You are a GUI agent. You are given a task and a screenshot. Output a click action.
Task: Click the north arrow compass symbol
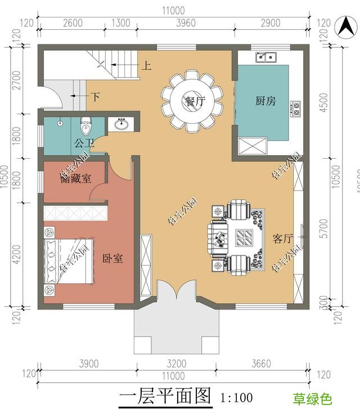[x=344, y=26]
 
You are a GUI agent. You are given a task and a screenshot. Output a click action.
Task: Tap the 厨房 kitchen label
[x=265, y=101]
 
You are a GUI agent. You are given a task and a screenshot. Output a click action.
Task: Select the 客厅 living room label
[x=283, y=239]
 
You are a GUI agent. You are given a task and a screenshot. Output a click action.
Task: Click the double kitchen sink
[x=265, y=57]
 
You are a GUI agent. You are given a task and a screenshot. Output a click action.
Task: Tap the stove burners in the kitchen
[x=296, y=108]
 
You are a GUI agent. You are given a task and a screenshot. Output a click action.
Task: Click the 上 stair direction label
[x=146, y=66]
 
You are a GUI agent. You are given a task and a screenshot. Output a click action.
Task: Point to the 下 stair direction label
[x=96, y=97]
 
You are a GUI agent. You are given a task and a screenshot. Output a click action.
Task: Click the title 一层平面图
[x=165, y=397]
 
